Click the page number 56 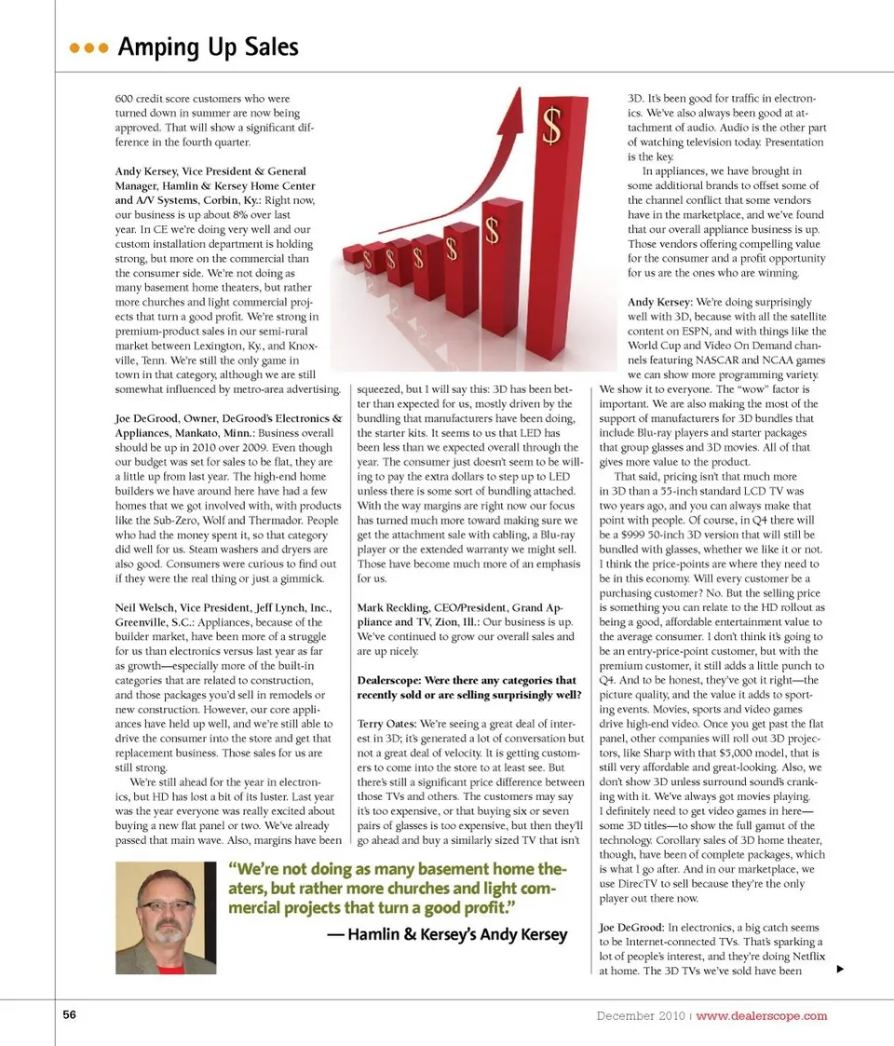click(69, 1015)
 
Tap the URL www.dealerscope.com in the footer click(761, 1015)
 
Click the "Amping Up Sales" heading click(208, 47)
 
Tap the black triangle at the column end click(840, 970)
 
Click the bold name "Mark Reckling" click(395, 606)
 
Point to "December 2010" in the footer click(640, 1015)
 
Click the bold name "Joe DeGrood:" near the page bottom click(631, 928)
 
